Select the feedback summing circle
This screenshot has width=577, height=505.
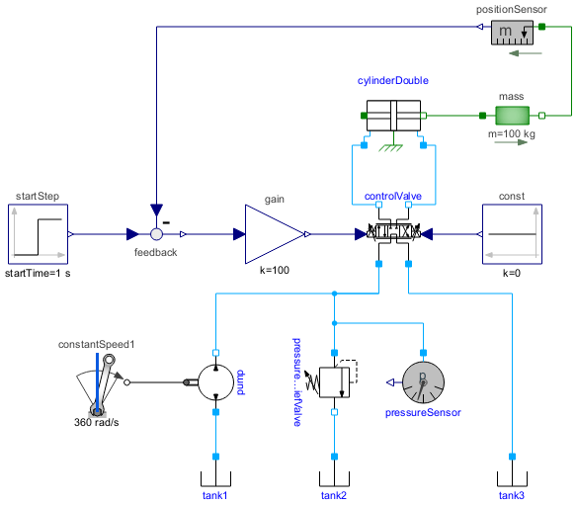(x=156, y=235)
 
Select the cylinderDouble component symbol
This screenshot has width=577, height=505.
(x=393, y=116)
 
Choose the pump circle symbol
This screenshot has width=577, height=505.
(x=214, y=381)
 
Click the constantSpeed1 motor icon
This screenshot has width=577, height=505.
(x=99, y=385)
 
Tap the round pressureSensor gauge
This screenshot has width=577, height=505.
(x=423, y=381)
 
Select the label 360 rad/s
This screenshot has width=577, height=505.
(x=98, y=423)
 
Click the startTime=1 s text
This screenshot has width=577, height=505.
(x=38, y=272)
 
